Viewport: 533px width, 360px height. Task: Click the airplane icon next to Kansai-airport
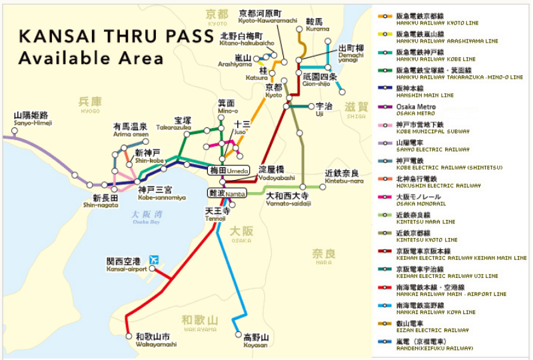click(155, 259)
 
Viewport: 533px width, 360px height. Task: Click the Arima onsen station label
click(130, 129)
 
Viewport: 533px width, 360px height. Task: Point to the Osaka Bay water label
click(147, 218)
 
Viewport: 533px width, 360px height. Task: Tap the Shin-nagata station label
click(105, 201)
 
